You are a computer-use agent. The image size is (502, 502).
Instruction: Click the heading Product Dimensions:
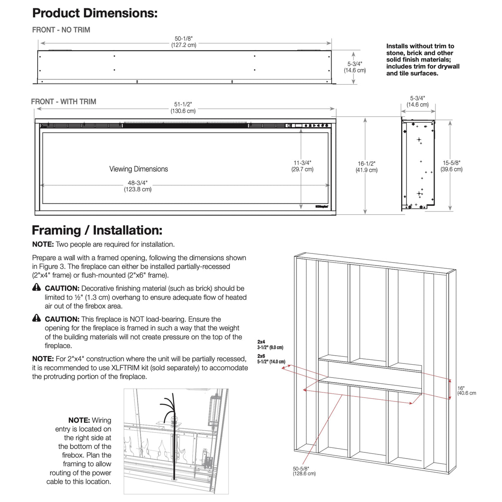(x=95, y=13)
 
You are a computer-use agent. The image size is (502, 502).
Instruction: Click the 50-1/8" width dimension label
(x=184, y=41)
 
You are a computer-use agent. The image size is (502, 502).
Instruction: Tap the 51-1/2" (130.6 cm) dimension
(x=183, y=108)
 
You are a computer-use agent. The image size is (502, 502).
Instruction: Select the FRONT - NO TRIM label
(x=61, y=30)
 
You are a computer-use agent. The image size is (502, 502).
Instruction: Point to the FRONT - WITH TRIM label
(x=64, y=102)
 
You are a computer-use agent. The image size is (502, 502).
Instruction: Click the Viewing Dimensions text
(x=139, y=169)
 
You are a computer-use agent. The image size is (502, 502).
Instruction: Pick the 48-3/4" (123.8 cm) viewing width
(x=138, y=186)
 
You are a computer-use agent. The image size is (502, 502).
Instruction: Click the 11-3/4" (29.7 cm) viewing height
(x=302, y=166)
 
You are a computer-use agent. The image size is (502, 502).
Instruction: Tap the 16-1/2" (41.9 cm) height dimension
(x=367, y=167)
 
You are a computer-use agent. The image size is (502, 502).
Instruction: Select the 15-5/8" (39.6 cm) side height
(x=451, y=166)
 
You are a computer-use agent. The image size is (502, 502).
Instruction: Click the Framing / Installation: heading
(x=97, y=230)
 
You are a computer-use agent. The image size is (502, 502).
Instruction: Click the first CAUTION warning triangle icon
(x=37, y=287)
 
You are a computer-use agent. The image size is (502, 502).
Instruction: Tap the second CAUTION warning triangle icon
(x=37, y=318)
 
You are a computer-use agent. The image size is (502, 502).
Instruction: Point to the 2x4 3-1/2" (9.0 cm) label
(x=270, y=345)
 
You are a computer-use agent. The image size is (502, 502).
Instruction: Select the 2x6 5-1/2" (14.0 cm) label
(x=271, y=359)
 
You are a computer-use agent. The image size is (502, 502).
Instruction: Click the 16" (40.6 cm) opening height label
(x=466, y=391)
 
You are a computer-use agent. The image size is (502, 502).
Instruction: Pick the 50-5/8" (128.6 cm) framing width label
(x=304, y=471)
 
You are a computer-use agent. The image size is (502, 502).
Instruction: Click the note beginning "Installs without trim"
(x=423, y=60)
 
